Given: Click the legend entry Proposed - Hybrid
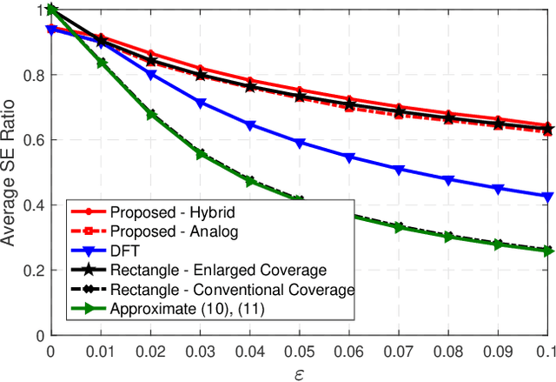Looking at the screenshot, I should pos(159,212).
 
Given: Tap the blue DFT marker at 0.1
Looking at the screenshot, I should pos(547,197).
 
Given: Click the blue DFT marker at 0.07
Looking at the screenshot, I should pos(399,170).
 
